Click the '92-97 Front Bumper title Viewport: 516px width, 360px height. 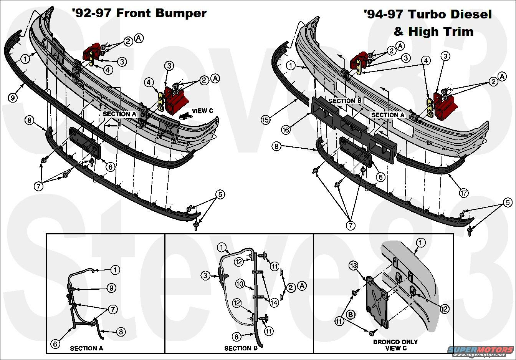pos(139,13)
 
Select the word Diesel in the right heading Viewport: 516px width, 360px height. pos(469,14)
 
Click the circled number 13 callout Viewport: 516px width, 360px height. pos(354,265)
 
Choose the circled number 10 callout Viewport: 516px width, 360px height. pos(240,284)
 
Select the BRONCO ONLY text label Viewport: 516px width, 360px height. pos(395,342)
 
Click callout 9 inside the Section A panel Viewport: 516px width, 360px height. pos(111,288)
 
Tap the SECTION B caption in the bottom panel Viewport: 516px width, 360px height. pos(241,348)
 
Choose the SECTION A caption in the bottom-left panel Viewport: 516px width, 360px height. pos(86,348)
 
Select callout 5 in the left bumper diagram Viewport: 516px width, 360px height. pos(220,194)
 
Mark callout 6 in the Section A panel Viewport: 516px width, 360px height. pos(55,344)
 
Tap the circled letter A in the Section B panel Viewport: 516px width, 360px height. pos(302,286)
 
